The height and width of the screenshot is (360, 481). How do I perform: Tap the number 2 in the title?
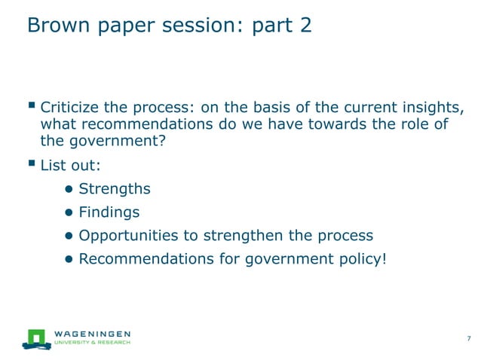click(x=303, y=25)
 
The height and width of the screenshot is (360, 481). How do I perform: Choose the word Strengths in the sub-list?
click(x=115, y=188)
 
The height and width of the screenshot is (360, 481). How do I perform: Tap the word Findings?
click(x=109, y=212)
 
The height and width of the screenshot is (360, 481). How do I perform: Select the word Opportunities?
click(x=127, y=236)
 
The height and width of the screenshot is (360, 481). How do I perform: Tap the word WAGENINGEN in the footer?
click(x=93, y=333)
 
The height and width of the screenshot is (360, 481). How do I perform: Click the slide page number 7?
click(x=469, y=337)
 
